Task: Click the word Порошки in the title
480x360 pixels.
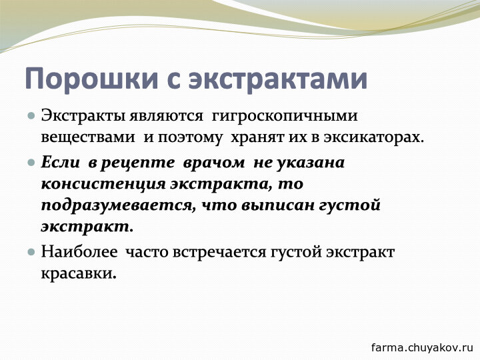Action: (92, 79)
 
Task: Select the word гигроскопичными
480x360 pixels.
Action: (285, 117)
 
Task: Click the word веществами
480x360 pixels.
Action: (88, 137)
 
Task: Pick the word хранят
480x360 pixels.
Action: (259, 138)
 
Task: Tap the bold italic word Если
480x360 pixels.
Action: (60, 161)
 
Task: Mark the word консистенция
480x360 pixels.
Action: (103, 185)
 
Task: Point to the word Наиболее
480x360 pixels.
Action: (79, 252)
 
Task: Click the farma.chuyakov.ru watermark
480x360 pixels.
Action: (423, 348)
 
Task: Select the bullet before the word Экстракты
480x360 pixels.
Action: (31, 116)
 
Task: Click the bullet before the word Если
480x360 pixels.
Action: (31, 162)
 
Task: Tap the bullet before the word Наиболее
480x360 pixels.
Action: (31, 252)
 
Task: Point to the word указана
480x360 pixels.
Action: (311, 163)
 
